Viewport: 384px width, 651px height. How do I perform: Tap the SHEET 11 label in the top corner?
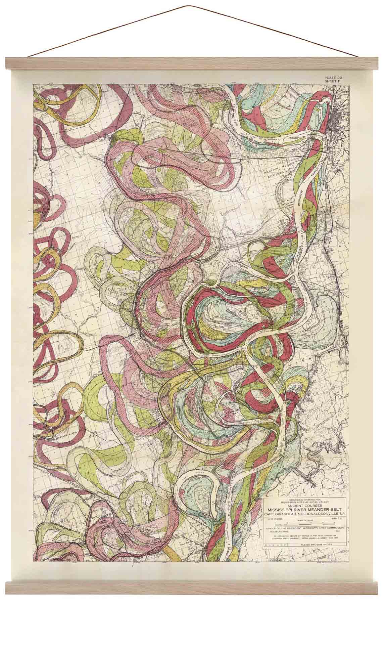click(332, 82)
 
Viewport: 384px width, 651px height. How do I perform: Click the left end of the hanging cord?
click(29, 57)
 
